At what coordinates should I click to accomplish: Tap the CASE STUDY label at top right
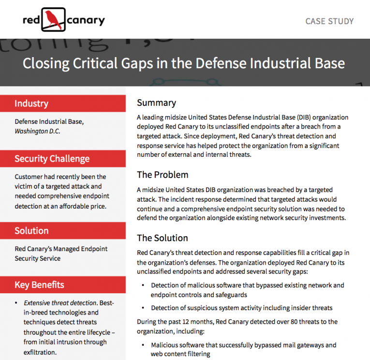(x=329, y=21)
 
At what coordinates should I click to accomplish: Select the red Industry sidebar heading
(x=31, y=104)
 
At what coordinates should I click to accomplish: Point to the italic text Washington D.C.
(x=38, y=131)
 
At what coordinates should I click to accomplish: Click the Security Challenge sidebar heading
(x=52, y=159)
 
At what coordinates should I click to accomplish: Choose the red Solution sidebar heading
(x=31, y=231)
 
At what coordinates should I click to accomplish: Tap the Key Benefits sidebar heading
(x=39, y=285)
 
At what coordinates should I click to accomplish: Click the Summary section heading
(x=156, y=103)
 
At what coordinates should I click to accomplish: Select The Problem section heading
(x=163, y=175)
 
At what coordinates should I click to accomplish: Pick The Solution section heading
(x=163, y=238)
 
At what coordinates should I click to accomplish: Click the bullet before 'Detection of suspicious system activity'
(x=143, y=308)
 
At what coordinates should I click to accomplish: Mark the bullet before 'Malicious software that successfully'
(x=143, y=345)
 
